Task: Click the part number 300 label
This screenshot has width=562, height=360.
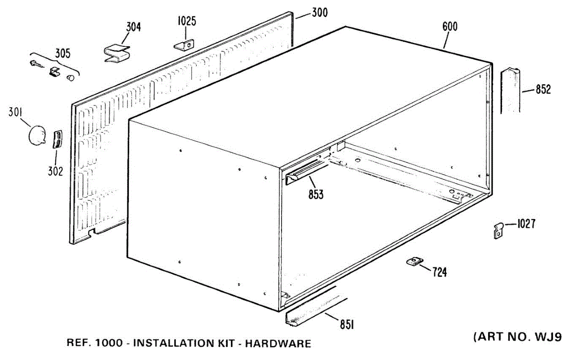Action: point(319,13)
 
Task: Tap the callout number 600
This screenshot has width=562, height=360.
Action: point(450,26)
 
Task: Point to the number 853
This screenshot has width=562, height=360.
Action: point(316,195)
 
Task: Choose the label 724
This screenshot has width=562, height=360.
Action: point(439,271)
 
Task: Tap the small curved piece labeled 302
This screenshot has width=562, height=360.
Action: point(57,139)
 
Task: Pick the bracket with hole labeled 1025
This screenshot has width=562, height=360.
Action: point(185,45)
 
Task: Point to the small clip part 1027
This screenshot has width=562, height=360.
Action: point(499,230)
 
